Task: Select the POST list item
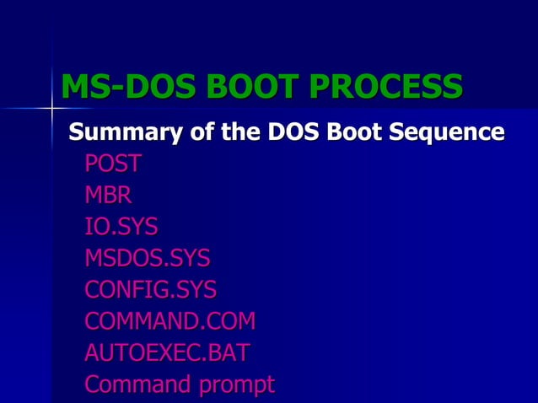pyautogui.click(x=113, y=163)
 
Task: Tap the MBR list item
pyautogui.click(x=108, y=195)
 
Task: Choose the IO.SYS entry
pyautogui.click(x=121, y=227)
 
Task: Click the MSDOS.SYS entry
pyautogui.click(x=147, y=258)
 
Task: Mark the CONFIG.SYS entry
pyautogui.click(x=150, y=290)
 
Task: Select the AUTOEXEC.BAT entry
pyautogui.click(x=167, y=353)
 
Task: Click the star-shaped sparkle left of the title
pyautogui.click(x=52, y=108)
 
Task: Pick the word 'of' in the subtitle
pyautogui.click(x=187, y=132)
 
